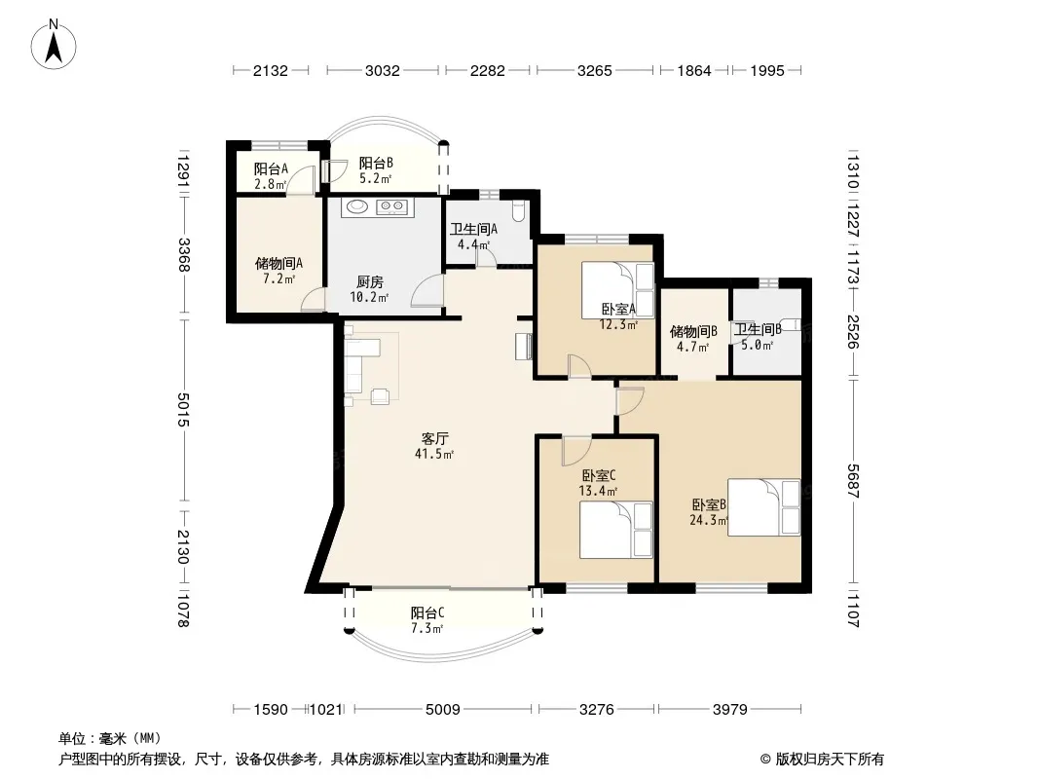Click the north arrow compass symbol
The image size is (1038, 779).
click(x=54, y=44)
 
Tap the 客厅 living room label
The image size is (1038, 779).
click(x=435, y=438)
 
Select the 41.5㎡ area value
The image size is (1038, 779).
click(x=434, y=454)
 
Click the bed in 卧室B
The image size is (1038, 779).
click(x=764, y=507)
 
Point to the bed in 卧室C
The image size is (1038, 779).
click(x=616, y=530)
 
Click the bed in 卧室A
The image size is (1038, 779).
click(x=617, y=290)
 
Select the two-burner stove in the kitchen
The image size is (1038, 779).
click(x=390, y=207)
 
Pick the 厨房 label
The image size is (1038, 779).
click(x=369, y=282)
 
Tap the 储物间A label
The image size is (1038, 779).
click(x=278, y=264)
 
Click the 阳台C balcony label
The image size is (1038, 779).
click(x=427, y=612)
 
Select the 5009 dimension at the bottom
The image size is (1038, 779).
click(x=443, y=710)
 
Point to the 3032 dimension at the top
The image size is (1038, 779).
click(x=383, y=70)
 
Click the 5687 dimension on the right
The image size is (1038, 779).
click(x=853, y=481)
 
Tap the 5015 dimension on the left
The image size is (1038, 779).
click(x=183, y=410)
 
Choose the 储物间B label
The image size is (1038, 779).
click(x=693, y=331)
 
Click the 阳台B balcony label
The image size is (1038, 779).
click(x=376, y=163)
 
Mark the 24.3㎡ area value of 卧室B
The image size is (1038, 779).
click(x=708, y=520)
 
